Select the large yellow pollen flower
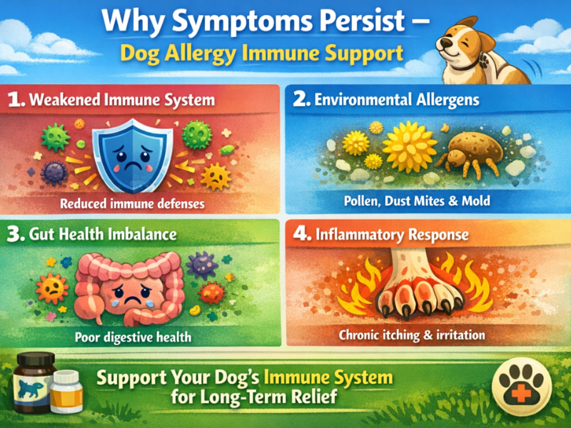(409, 147)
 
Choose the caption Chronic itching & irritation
(423, 334)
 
